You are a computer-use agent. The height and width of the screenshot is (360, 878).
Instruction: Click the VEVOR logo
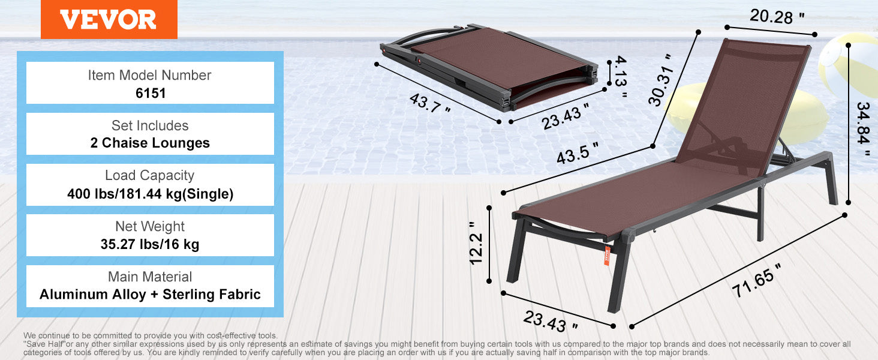(x=109, y=19)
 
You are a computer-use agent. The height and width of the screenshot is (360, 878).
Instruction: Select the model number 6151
(x=151, y=94)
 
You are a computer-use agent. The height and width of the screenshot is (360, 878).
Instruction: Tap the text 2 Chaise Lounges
(x=150, y=143)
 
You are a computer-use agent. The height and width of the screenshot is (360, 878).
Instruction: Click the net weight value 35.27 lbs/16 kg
(x=150, y=244)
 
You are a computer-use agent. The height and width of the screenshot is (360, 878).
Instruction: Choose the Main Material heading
(x=150, y=277)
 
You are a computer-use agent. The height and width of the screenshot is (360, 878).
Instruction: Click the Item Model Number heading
(x=149, y=75)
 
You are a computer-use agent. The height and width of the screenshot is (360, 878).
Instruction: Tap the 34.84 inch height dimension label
(x=863, y=128)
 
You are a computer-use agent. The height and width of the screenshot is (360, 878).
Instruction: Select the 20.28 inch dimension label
(x=777, y=16)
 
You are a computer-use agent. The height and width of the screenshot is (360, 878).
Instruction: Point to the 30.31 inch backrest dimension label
(x=661, y=80)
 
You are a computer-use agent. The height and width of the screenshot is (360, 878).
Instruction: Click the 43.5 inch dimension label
(x=578, y=153)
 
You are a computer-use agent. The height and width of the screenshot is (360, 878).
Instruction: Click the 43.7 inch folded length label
(x=429, y=103)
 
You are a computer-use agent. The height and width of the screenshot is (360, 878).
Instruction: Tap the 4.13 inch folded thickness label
(x=620, y=77)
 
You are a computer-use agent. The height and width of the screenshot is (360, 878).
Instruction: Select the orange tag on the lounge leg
(x=607, y=256)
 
